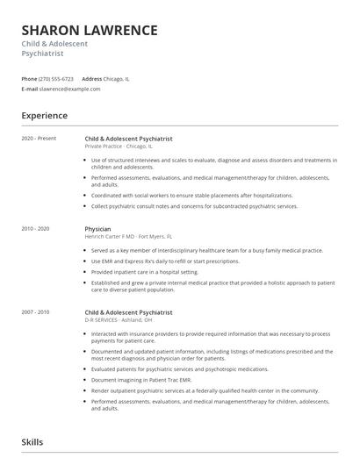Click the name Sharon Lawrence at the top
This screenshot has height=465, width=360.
tap(90, 31)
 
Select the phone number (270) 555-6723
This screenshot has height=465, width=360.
tap(56, 79)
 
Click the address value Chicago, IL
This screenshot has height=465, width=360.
tap(117, 79)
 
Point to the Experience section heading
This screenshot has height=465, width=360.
tap(45, 116)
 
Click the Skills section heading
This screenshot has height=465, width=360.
tap(32, 442)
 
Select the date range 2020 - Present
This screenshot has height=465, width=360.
tap(40, 139)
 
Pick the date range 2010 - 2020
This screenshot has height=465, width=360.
tap(37, 229)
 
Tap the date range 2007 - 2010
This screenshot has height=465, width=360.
tap(37, 312)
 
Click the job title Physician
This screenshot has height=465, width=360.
tap(98, 229)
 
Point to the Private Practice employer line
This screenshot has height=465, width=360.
tap(119, 146)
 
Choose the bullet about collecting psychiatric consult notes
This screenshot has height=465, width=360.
tap(194, 206)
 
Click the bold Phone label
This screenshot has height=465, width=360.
tap(29, 79)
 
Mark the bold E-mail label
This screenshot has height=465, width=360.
tap(30, 89)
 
